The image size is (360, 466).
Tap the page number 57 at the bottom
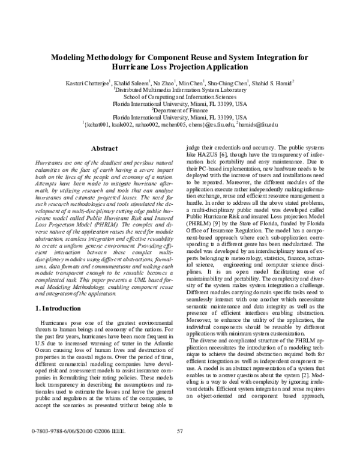pyautogui.click(x=179, y=447)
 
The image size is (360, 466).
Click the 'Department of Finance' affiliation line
pyautogui.click(x=180, y=110)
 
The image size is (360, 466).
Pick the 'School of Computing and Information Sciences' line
pyautogui.click(x=180, y=95)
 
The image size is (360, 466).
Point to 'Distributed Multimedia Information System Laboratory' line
pyautogui.click(x=180, y=88)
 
